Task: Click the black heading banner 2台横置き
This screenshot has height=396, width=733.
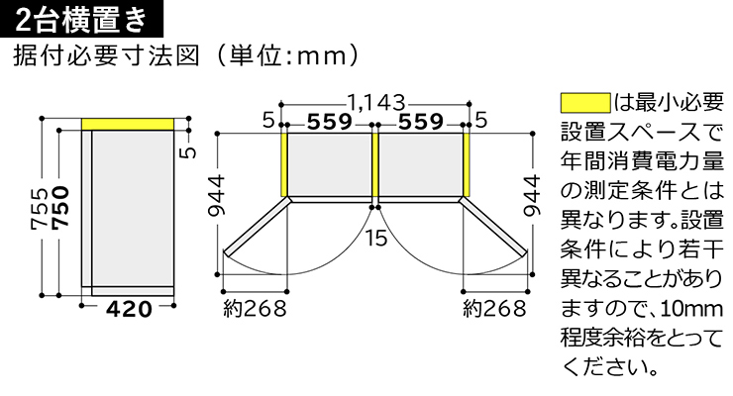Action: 82,19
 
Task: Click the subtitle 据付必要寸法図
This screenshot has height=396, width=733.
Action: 107,56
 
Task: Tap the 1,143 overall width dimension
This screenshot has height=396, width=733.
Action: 375,102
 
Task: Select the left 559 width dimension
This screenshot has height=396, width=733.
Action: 330,122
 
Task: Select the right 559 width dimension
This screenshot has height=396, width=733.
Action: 421,122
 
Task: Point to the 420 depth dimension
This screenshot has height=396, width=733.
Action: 129,309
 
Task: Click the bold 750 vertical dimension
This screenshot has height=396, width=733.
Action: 61,208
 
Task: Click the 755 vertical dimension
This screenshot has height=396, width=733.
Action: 40,209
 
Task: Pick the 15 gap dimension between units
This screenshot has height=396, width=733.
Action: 375,239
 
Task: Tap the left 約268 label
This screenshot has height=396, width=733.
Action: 255,309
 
